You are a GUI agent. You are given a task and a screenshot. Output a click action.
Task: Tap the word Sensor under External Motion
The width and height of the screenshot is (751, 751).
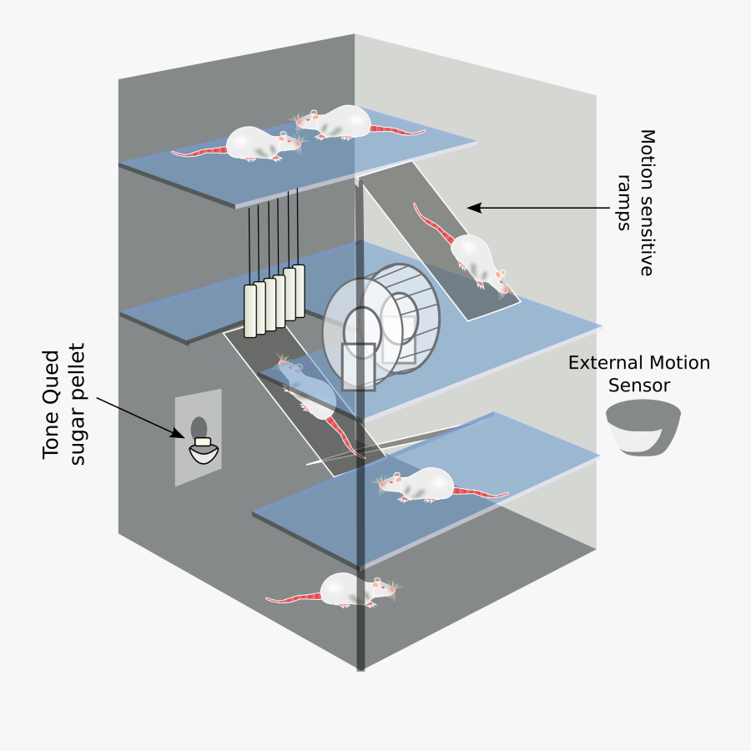click(x=639, y=385)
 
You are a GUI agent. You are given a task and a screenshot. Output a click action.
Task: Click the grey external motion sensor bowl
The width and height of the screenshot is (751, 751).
click(x=643, y=426)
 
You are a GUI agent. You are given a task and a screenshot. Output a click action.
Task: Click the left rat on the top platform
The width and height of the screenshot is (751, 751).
click(x=255, y=144)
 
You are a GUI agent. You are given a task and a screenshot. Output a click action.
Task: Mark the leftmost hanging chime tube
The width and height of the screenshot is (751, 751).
click(x=249, y=311)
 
